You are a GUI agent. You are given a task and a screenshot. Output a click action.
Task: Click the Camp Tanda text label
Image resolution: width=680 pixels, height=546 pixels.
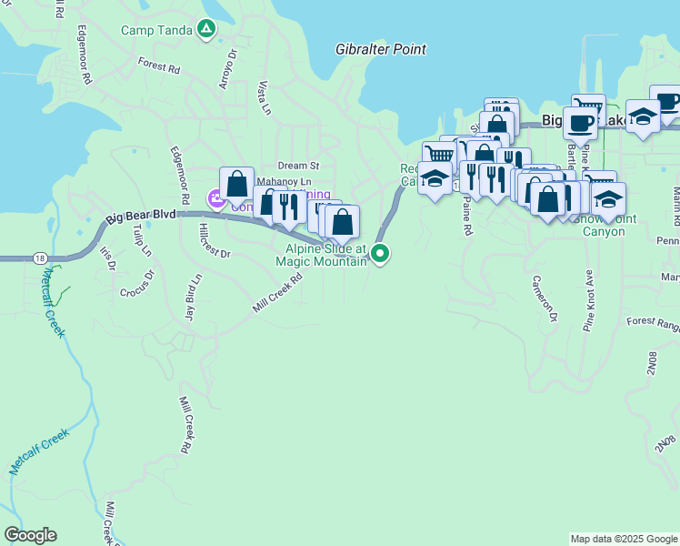(x=157, y=29)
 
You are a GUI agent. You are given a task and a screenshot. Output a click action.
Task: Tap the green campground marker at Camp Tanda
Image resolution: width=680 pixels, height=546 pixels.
(x=207, y=29)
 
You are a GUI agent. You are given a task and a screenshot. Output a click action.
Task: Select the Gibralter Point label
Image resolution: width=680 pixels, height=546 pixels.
(x=381, y=49)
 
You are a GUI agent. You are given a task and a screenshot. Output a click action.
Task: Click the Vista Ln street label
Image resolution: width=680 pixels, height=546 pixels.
(x=264, y=97)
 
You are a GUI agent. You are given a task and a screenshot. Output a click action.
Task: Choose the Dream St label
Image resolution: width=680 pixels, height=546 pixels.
(x=299, y=166)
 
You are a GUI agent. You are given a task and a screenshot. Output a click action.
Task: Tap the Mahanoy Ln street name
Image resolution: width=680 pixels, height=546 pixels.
(x=284, y=182)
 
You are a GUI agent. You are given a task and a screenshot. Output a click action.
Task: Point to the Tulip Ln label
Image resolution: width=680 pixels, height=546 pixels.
(x=139, y=242)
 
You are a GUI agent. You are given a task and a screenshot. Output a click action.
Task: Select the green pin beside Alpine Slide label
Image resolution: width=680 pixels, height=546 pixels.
(x=381, y=254)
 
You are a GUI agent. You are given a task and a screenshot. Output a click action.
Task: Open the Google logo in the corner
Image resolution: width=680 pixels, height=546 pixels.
(x=30, y=535)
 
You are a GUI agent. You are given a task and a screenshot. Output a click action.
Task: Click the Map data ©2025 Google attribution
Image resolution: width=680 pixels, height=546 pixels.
(x=623, y=539)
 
